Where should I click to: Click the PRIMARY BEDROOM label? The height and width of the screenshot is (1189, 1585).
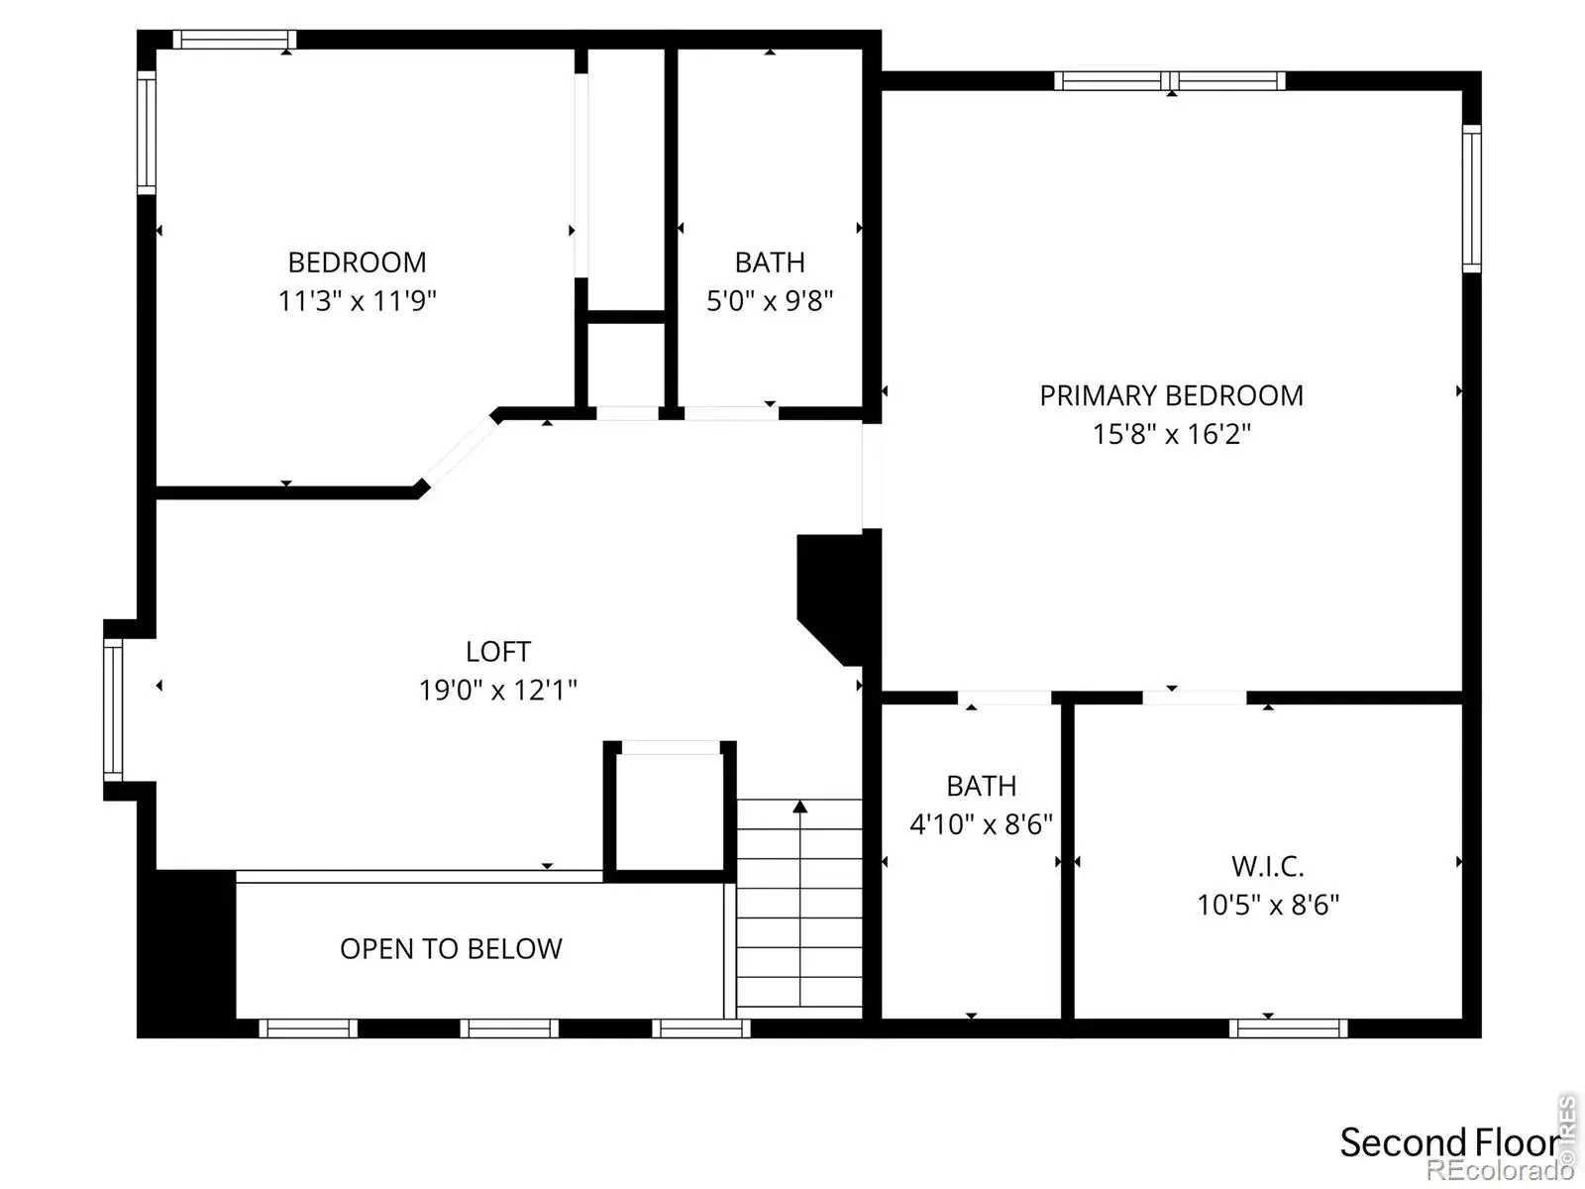tap(1171, 395)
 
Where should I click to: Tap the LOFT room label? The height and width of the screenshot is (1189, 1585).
tap(498, 651)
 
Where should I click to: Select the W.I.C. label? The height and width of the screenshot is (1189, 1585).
tap(1267, 866)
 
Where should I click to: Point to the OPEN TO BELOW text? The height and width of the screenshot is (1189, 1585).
tap(451, 948)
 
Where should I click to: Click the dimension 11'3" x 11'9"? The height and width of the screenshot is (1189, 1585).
tap(357, 300)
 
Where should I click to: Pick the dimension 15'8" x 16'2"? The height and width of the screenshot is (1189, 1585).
tap(1171, 434)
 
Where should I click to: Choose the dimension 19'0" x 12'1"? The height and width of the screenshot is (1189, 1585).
tap(498, 691)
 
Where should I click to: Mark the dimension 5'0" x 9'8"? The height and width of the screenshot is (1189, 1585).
tap(770, 300)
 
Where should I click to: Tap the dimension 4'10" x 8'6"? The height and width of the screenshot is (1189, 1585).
tap(981, 823)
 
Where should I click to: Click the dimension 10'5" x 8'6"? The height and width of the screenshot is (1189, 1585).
tap(1267, 905)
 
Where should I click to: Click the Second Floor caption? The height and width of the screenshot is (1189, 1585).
tap(1449, 1142)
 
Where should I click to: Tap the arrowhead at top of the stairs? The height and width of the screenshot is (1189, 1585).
tap(799, 807)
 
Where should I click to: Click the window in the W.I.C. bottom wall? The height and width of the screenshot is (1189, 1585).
tap(1288, 1028)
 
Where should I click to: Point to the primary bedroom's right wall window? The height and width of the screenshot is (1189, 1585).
tap(1472, 198)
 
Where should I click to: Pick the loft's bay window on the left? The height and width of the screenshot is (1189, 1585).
tap(113, 710)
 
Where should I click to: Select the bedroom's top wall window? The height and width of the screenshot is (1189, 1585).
tap(234, 39)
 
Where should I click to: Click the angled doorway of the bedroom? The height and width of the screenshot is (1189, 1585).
tap(460, 452)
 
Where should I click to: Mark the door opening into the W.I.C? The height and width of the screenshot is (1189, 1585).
tap(1195, 698)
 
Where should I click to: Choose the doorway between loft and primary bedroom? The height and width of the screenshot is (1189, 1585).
tap(872, 477)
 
